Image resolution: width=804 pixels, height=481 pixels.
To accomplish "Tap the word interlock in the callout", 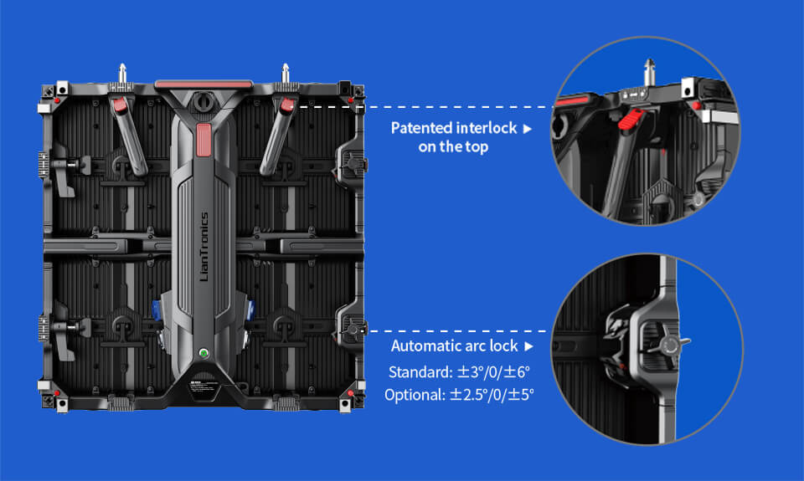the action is [486, 128].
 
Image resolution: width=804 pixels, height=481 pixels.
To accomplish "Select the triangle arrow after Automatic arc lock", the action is [528, 347].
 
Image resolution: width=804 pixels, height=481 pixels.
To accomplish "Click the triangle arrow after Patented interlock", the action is [527, 129].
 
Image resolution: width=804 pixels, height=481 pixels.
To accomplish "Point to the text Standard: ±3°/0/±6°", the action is [459, 372].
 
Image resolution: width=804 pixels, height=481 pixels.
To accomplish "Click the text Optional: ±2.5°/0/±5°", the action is [459, 395].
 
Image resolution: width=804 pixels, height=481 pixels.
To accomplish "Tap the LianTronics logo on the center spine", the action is [204, 247].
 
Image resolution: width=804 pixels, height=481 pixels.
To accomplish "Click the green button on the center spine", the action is [204, 353].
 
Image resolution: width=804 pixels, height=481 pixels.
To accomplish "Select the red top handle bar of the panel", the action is [204, 84].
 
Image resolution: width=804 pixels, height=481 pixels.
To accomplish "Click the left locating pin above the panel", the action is [122, 73].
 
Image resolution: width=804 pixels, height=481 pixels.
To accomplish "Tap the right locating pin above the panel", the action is [286, 73].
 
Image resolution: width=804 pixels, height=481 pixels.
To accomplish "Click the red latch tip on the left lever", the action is [120, 105].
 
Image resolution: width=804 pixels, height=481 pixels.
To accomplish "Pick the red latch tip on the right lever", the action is [287, 105].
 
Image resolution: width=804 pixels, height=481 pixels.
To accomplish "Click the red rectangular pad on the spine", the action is [204, 140].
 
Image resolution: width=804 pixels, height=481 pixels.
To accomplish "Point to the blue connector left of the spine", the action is [157, 310].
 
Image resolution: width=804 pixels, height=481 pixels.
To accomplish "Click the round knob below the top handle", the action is [204, 101].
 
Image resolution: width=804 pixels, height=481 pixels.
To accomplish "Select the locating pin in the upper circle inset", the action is [650, 72].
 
